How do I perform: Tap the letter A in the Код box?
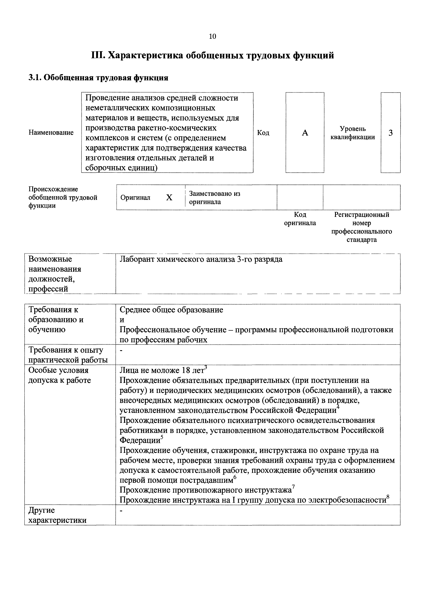[305, 133]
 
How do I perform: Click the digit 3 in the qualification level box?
[390, 133]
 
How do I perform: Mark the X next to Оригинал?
[169, 198]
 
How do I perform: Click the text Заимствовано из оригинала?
[214, 198]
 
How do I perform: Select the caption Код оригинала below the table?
[300, 219]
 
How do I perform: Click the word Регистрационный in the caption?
[362, 215]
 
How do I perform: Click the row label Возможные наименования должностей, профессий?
[54, 274]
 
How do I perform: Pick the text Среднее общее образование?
[171, 310]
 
